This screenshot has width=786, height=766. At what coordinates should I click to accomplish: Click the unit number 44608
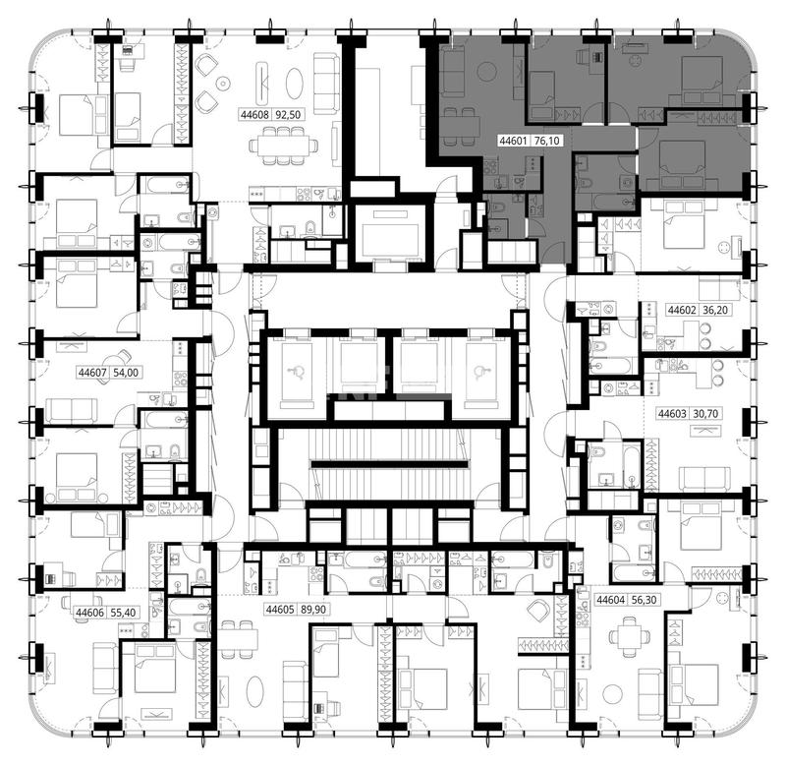tap(255, 115)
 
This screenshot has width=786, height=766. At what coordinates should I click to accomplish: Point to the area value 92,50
tap(288, 115)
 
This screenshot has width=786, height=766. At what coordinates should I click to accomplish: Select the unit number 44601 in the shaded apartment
tap(513, 141)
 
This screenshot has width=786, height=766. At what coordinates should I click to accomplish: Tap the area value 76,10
tap(547, 141)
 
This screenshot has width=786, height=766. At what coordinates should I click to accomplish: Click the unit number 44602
tap(682, 310)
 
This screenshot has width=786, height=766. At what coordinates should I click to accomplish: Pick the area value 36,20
tap(715, 310)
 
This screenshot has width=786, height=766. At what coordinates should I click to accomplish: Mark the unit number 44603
tap(672, 414)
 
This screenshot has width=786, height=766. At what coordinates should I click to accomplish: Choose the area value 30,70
tap(705, 414)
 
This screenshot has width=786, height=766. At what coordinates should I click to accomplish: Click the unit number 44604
tap(611, 600)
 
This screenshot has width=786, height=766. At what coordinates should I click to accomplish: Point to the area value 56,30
tap(645, 600)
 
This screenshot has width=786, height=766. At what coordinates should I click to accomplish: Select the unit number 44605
tap(280, 610)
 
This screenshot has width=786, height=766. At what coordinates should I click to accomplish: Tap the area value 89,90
tap(313, 610)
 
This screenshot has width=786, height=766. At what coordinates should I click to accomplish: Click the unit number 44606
tap(90, 613)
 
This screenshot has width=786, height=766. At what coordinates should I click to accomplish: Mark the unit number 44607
tap(92, 373)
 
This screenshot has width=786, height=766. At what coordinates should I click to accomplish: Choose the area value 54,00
tap(126, 373)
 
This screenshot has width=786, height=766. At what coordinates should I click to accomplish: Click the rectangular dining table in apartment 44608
tap(284, 146)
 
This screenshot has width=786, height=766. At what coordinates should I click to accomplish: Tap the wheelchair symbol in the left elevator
tap(297, 372)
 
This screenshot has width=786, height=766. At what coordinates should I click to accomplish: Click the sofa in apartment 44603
tap(704, 479)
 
